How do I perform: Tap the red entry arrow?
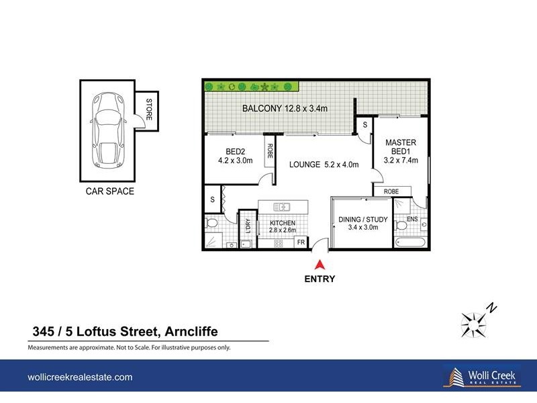(321, 265)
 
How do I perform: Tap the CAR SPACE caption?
(109, 191)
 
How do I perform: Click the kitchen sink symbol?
(283, 207)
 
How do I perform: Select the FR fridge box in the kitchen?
(301, 242)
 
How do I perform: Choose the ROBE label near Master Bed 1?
(391, 191)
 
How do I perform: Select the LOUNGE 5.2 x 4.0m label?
(324, 165)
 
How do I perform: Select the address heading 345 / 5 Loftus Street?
(125, 330)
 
